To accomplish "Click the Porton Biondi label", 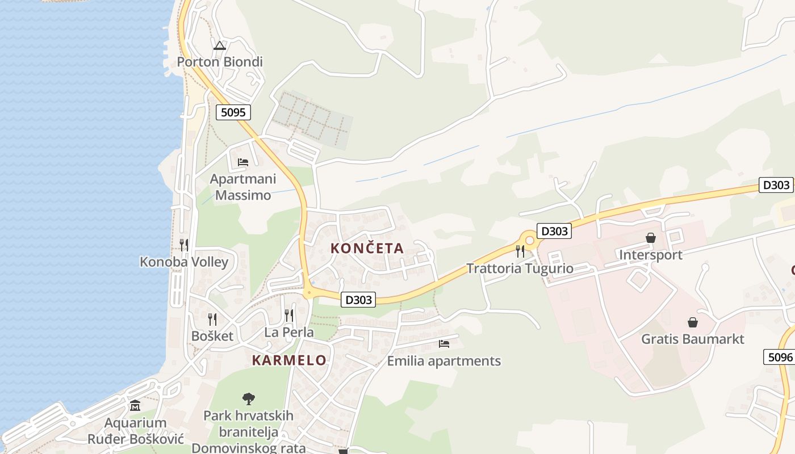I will (220, 61).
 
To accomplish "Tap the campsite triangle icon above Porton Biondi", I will (220, 46).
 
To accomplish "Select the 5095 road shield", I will (233, 112).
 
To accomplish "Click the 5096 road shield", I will (780, 357).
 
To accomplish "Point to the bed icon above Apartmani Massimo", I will (243, 162).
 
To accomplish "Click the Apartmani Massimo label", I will (243, 187).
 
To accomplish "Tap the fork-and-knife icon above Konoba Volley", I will (184, 245).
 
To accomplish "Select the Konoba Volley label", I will (184, 262).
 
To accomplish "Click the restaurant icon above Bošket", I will (212, 319).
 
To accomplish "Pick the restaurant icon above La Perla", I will (289, 316).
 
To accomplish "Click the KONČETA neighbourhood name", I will (367, 248).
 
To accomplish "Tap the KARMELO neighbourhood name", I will (289, 360).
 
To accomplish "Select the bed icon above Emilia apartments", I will (444, 344).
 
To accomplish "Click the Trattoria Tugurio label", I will (520, 268).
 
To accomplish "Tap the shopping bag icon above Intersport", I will (651, 238).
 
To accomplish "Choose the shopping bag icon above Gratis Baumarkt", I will (693, 322).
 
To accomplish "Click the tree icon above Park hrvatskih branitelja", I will (249, 398).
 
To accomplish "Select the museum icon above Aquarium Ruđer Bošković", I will (135, 406).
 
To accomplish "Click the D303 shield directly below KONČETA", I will (358, 300).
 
